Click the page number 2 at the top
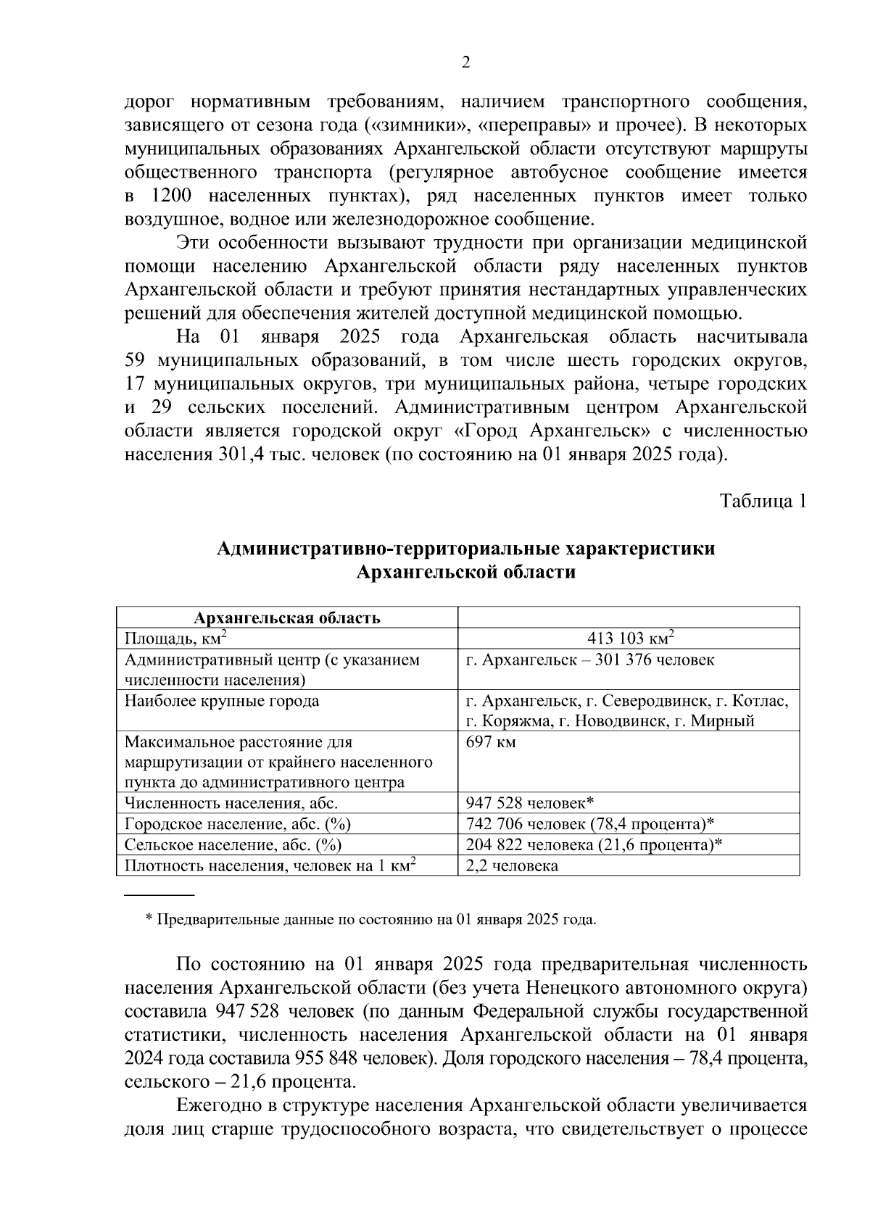(466, 62)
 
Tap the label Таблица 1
(762, 501)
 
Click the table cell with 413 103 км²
(631, 639)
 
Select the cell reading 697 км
(491, 742)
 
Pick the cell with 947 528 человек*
(530, 803)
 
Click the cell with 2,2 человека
(512, 865)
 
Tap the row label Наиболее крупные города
(222, 701)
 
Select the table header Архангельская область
(286, 618)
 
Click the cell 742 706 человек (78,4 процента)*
(590, 824)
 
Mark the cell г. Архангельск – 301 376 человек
(589, 660)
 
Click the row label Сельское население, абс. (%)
(233, 845)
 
